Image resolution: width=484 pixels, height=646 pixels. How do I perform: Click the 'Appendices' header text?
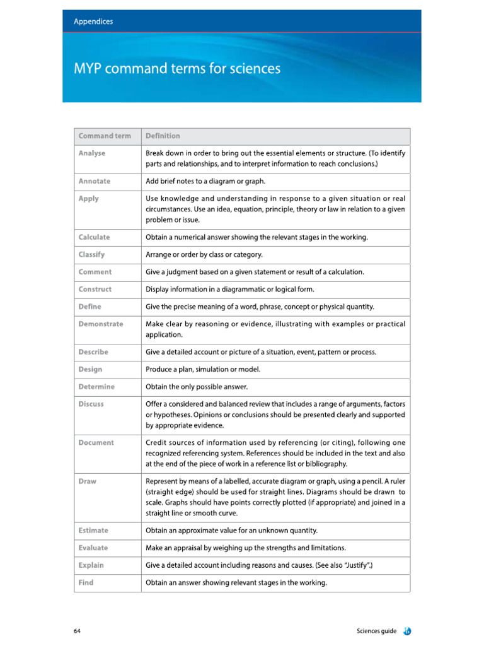[93, 21]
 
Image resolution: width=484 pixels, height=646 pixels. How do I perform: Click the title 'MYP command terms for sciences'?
[177, 68]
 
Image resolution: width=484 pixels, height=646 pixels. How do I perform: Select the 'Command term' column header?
[105, 136]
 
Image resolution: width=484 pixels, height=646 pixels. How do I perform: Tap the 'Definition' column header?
[163, 136]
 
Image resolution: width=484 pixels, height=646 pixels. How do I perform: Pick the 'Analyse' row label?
[92, 153]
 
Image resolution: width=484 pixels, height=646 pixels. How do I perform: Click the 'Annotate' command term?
[95, 181]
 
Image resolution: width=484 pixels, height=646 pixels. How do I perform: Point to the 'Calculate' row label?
[94, 237]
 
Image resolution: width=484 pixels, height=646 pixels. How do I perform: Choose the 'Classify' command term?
[92, 255]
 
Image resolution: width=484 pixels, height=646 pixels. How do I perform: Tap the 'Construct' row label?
[95, 289]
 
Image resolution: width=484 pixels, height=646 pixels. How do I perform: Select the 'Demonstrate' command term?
[101, 324]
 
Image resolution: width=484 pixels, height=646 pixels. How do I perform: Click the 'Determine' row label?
[96, 387]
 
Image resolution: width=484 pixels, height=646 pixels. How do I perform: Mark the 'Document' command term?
[96, 443]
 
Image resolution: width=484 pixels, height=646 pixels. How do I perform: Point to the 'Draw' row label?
[88, 481]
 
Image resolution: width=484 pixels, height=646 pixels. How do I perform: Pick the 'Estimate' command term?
[93, 531]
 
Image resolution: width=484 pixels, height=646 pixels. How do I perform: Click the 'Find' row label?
[86, 583]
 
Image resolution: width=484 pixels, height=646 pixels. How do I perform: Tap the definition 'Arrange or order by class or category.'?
[204, 255]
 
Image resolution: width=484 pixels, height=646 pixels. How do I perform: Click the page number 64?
[77, 631]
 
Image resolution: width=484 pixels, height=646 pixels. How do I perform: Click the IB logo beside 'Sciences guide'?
[408, 631]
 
